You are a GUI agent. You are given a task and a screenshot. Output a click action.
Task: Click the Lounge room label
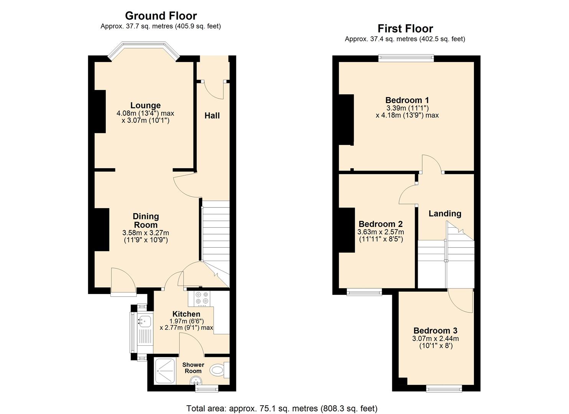(x=145, y=105)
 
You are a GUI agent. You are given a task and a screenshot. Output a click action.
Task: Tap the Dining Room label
(x=146, y=221)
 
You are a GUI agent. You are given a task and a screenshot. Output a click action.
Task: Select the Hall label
(x=212, y=116)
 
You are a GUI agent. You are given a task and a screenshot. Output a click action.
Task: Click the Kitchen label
(x=186, y=314)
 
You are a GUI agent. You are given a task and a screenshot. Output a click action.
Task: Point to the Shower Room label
(x=193, y=368)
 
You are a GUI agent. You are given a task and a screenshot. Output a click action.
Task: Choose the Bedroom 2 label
(x=380, y=224)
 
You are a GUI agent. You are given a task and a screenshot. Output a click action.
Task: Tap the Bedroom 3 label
(x=435, y=330)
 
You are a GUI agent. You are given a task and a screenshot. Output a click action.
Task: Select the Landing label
(x=445, y=214)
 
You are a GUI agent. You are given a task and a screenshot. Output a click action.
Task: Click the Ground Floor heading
(x=161, y=16)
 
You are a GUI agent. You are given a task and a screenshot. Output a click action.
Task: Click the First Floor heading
(x=405, y=29)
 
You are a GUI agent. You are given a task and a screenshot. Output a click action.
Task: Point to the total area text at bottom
(x=282, y=408)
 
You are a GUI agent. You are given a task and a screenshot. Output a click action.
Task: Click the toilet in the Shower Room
(x=218, y=370)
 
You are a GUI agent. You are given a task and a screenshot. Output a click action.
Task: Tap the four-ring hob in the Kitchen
(x=202, y=299)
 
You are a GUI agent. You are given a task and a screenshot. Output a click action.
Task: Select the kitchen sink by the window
(x=144, y=320)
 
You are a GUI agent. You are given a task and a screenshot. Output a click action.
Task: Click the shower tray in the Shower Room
(x=165, y=371)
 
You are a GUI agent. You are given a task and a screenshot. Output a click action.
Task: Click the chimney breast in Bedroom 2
(x=347, y=230)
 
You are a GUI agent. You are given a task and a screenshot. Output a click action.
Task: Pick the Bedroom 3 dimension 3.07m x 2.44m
(x=435, y=338)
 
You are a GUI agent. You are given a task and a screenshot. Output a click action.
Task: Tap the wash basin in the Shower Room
(x=196, y=380)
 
